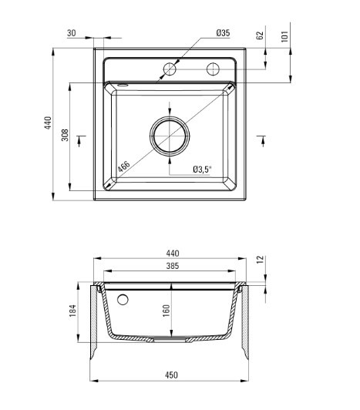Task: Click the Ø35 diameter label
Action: click(x=223, y=33)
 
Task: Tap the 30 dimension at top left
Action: click(x=72, y=33)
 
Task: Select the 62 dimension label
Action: click(x=259, y=35)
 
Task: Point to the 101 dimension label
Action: click(x=284, y=36)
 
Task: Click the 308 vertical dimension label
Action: click(x=65, y=135)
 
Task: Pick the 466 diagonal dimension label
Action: click(x=123, y=166)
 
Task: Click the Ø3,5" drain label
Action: click(x=202, y=170)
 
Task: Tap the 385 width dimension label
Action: click(x=173, y=266)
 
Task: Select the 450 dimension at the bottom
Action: click(x=171, y=375)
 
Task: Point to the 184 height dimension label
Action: click(x=72, y=311)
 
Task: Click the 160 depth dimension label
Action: click(x=167, y=311)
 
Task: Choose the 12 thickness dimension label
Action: click(x=261, y=260)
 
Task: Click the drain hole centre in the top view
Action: click(x=170, y=136)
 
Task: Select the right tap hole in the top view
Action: click(x=213, y=69)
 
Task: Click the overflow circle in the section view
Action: click(x=123, y=299)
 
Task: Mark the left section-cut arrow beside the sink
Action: click(x=79, y=141)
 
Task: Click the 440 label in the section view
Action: click(x=173, y=254)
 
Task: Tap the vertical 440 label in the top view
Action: click(x=48, y=123)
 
